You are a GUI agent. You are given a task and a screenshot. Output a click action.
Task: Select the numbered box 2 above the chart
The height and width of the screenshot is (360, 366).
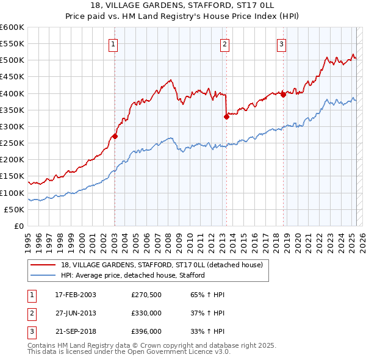[x=225, y=44]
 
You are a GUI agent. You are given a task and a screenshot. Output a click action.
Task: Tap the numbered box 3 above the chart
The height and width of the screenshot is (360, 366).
[x=281, y=44]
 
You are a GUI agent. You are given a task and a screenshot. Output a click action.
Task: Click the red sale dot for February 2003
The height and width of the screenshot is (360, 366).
[x=115, y=137]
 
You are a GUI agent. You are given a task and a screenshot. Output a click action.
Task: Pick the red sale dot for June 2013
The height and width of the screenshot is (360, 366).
[x=226, y=117]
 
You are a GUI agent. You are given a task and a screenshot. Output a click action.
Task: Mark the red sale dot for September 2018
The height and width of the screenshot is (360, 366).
[x=284, y=95]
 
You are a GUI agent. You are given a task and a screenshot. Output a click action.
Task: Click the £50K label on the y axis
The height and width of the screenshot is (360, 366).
[x=15, y=209]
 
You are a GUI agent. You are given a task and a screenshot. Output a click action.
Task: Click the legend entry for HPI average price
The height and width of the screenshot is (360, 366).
[x=132, y=275]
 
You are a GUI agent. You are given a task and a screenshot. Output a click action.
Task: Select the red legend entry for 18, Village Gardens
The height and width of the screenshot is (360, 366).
[x=162, y=265]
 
